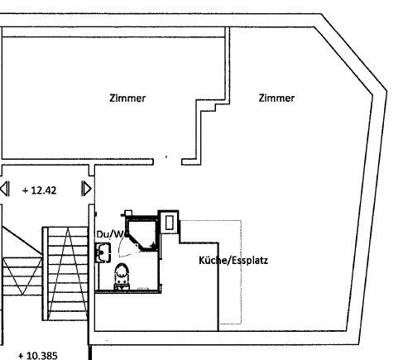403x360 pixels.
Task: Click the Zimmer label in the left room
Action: [x=127, y=98]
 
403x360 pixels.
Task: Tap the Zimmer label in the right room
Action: [x=276, y=98]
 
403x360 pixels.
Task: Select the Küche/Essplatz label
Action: [x=233, y=261]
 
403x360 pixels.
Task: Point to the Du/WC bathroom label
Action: [x=111, y=234]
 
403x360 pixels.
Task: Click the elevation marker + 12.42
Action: [x=40, y=190]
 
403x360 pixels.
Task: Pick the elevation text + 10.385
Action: [x=38, y=355]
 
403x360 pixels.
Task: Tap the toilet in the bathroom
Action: [x=122, y=276]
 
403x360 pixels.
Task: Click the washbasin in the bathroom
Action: [x=103, y=252]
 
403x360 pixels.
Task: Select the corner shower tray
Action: [x=142, y=234]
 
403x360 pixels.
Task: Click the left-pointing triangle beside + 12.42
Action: [x=5, y=189]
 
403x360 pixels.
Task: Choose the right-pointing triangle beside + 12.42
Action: [x=86, y=189]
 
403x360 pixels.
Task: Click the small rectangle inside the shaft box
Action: [x=169, y=223]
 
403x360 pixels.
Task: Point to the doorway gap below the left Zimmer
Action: [x=167, y=162]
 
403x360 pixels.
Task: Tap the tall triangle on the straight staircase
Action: [x=67, y=274]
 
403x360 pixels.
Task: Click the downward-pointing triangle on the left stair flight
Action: [x=22, y=276]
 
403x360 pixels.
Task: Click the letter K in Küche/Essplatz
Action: [x=202, y=260]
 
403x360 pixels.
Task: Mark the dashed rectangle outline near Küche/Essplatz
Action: [x=242, y=271]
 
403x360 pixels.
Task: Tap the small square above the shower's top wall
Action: [x=128, y=213]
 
